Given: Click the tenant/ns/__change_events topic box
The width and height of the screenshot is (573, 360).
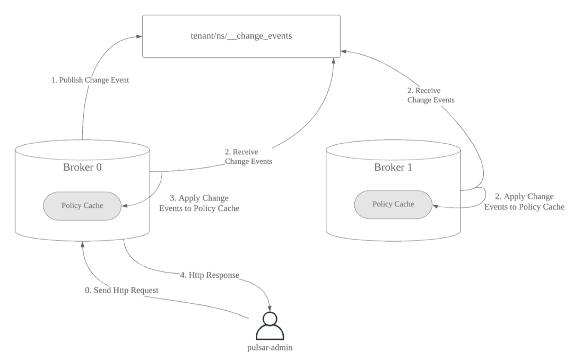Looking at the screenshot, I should click(241, 36).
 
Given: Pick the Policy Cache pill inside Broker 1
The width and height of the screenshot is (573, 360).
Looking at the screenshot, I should click(393, 204).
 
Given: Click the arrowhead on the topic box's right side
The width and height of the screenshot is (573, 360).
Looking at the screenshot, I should click(343, 51).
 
